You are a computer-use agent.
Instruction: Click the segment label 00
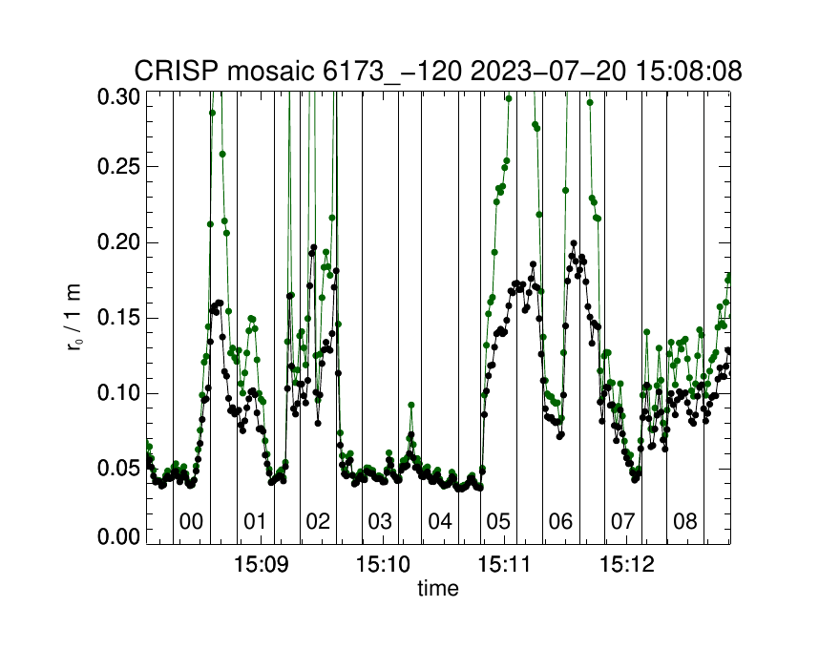pyautogui.click(x=191, y=522)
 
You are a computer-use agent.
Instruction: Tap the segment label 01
pyautogui.click(x=255, y=522)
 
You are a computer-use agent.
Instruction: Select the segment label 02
pyautogui.click(x=317, y=522)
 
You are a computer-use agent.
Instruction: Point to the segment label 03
pyautogui.click(x=380, y=522)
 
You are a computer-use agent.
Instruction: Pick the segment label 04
pyautogui.click(x=439, y=522)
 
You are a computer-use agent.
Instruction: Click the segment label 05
pyautogui.click(x=498, y=522)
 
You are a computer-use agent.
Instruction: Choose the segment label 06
pyautogui.click(x=560, y=522)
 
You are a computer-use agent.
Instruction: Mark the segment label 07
pyautogui.click(x=622, y=522)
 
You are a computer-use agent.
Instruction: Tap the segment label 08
pyautogui.click(x=685, y=522)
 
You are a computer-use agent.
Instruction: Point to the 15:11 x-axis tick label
pyautogui.click(x=507, y=564)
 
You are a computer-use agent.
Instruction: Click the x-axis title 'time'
pyautogui.click(x=438, y=589)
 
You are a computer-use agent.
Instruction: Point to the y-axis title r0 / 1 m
pyautogui.click(x=75, y=318)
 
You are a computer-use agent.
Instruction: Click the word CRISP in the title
pyautogui.click(x=169, y=71)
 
